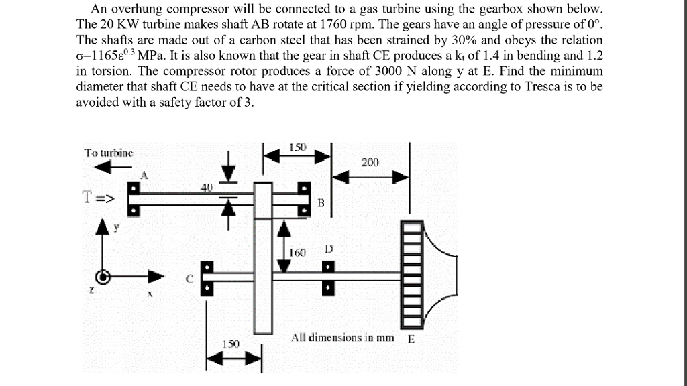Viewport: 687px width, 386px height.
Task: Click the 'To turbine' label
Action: coord(109,153)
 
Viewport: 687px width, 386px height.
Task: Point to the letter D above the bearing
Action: coord(328,249)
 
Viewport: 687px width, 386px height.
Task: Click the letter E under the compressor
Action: coord(411,338)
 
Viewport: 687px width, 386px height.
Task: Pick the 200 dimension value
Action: coord(370,162)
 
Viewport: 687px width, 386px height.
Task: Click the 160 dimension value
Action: coord(297,253)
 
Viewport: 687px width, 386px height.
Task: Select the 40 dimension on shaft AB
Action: coord(206,188)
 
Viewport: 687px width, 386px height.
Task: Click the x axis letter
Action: coord(150,294)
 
